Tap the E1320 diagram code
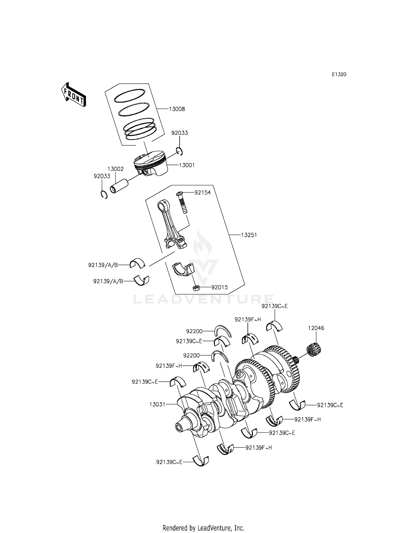click(339, 74)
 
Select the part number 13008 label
click(177, 109)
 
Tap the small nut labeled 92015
click(196, 287)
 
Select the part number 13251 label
click(249, 235)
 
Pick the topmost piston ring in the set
click(129, 96)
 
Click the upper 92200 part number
click(194, 331)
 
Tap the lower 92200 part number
click(191, 355)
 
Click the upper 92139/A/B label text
click(103, 265)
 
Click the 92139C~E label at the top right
click(274, 306)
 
